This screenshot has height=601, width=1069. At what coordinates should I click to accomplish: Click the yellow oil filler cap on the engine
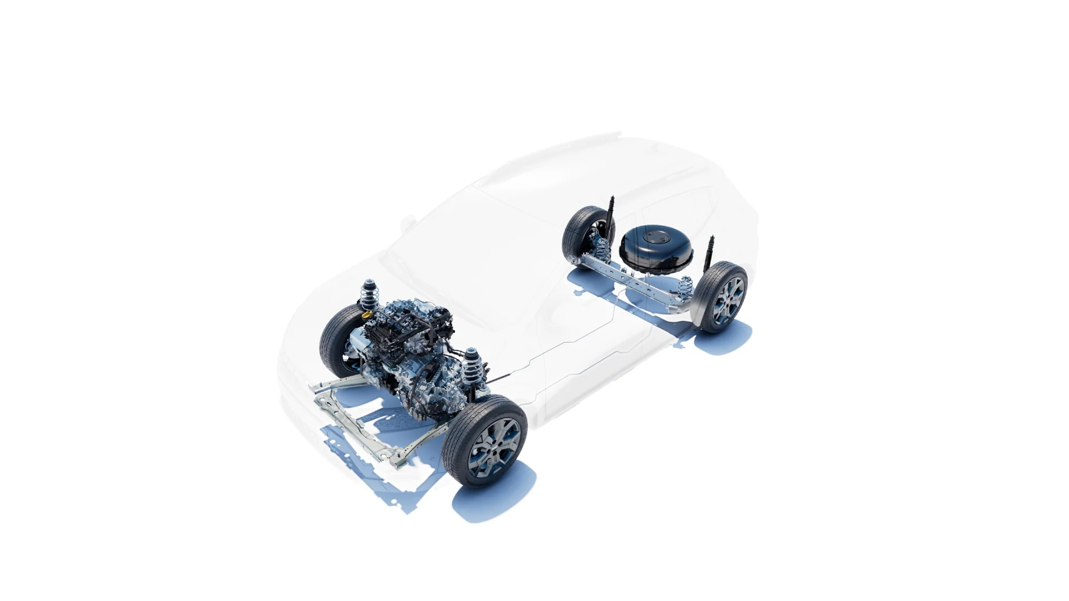[x=366, y=315]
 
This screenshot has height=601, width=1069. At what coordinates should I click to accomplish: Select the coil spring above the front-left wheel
[x=368, y=294]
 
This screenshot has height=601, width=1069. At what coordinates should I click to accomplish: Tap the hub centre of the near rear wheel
[x=729, y=300]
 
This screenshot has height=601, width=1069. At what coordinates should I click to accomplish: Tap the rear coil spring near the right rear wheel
[x=684, y=288]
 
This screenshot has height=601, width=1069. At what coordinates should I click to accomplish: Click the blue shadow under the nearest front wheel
[x=490, y=501]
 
